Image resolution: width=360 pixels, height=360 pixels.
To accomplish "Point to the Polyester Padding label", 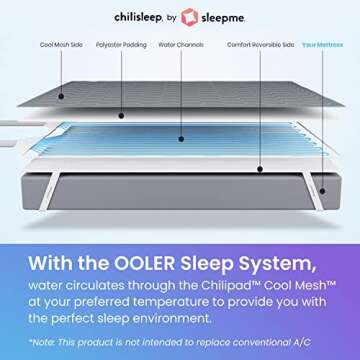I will pyautogui.click(x=117, y=45).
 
